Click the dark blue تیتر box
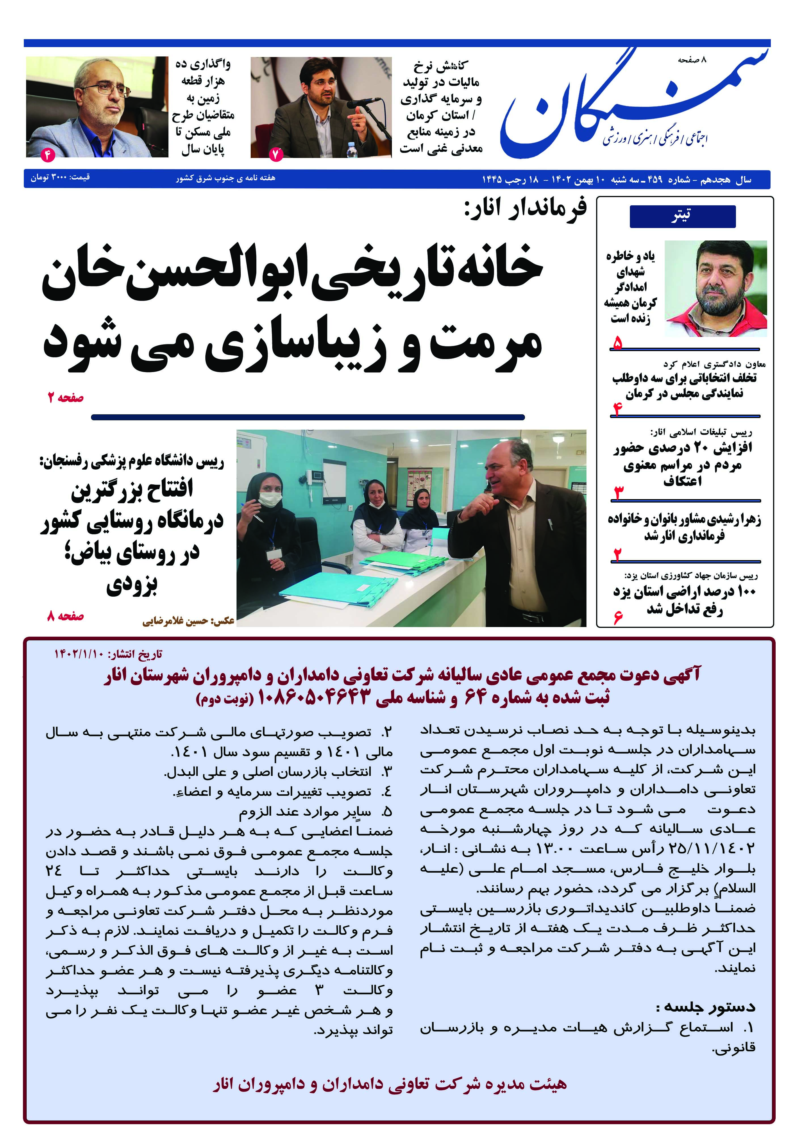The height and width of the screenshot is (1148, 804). coord(682,216)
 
